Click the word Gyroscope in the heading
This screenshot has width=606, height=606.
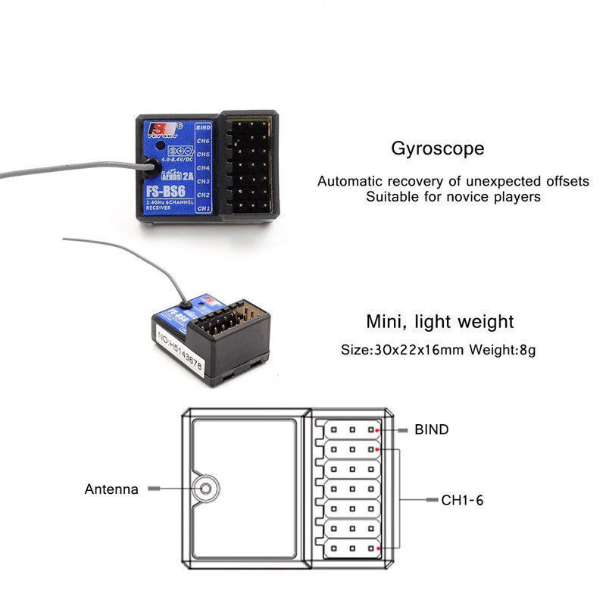coord(437,148)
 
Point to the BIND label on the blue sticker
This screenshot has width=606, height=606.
coord(203,128)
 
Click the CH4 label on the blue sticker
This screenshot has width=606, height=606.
coord(203,168)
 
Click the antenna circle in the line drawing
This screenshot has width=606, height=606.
coord(203,489)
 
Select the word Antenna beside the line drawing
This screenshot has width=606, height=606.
coord(111,489)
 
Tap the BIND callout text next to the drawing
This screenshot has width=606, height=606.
coord(431,430)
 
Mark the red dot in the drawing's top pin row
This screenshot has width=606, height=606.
coord(376,429)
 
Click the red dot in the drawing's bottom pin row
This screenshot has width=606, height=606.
coord(376,548)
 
